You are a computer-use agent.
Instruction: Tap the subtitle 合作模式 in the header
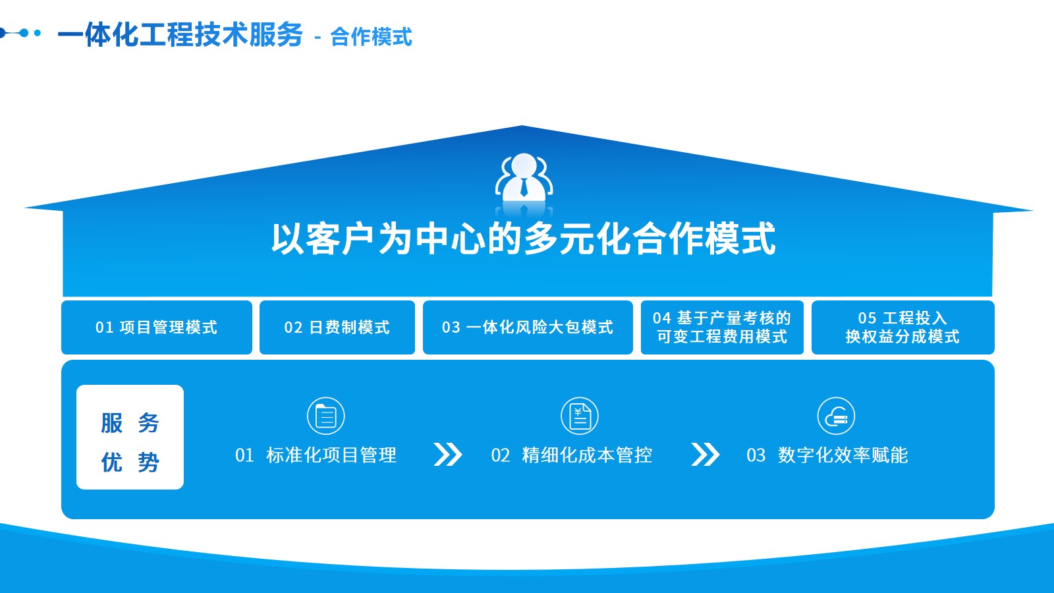coord(372,37)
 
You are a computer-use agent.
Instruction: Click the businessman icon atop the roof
coord(524,179)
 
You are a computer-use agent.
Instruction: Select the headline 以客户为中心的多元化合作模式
coord(523,239)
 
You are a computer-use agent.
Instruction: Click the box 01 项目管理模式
coord(157,327)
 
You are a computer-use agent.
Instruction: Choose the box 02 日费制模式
coord(337,327)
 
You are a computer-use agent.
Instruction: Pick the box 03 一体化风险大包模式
coord(528,327)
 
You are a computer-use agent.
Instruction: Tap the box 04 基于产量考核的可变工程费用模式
coord(722,327)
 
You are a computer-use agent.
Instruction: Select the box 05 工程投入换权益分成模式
coord(902,327)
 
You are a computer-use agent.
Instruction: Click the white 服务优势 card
coord(130,438)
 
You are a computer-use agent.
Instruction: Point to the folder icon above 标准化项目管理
coord(325,416)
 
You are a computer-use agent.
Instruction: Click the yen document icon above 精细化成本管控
coord(580,416)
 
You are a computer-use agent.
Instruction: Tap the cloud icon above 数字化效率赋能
coord(836,416)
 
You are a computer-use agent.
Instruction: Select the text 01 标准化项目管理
coord(316,455)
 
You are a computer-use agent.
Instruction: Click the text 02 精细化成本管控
coord(572,455)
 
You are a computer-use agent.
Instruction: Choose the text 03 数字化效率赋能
coord(827,455)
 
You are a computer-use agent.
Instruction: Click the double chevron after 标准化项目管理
coord(447,454)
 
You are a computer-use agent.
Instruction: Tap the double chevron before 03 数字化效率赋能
coord(705,454)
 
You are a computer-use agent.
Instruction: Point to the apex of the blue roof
coord(521,126)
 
